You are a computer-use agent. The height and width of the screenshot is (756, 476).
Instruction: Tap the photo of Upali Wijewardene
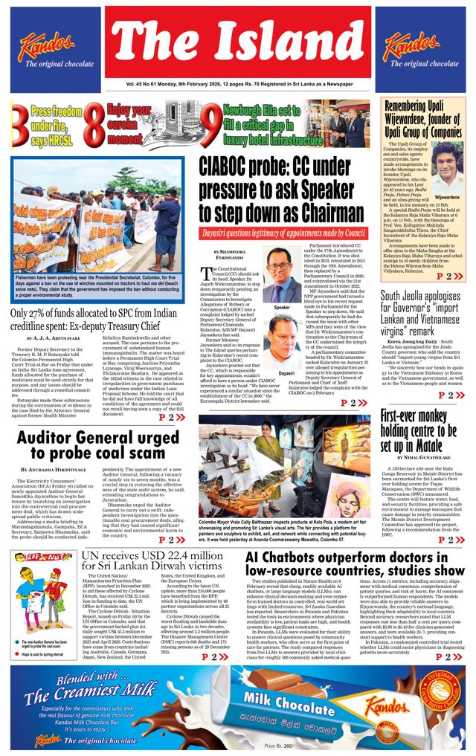[447, 168]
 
